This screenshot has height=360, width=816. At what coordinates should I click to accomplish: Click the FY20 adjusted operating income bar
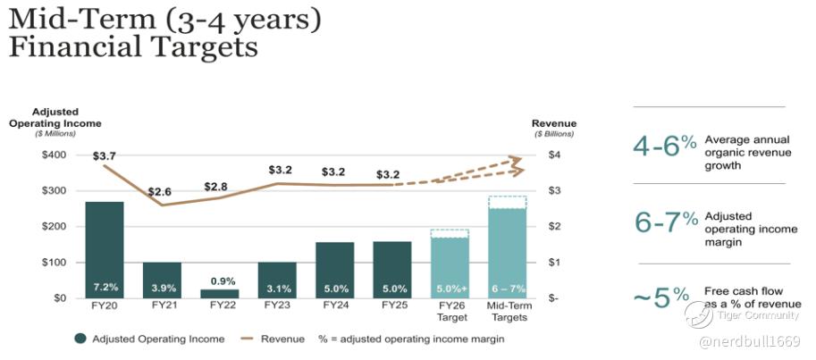coord(104,249)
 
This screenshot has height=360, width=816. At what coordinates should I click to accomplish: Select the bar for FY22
coord(219,293)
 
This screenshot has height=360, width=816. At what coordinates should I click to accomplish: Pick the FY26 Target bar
coord(450,268)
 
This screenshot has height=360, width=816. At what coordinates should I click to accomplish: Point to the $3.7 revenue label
coord(104,156)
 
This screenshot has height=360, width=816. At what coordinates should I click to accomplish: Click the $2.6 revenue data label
coord(161,192)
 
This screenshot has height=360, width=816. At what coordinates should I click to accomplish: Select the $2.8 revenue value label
coord(217,186)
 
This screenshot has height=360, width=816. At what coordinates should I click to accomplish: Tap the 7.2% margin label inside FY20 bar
coord(105,288)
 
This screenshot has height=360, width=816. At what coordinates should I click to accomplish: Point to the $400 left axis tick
coord(55,155)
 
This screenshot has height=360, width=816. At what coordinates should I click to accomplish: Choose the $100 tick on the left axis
coord(55,262)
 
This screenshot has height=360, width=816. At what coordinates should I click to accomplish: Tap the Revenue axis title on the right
coord(554,123)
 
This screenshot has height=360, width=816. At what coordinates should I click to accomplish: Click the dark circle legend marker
coord(81,339)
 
